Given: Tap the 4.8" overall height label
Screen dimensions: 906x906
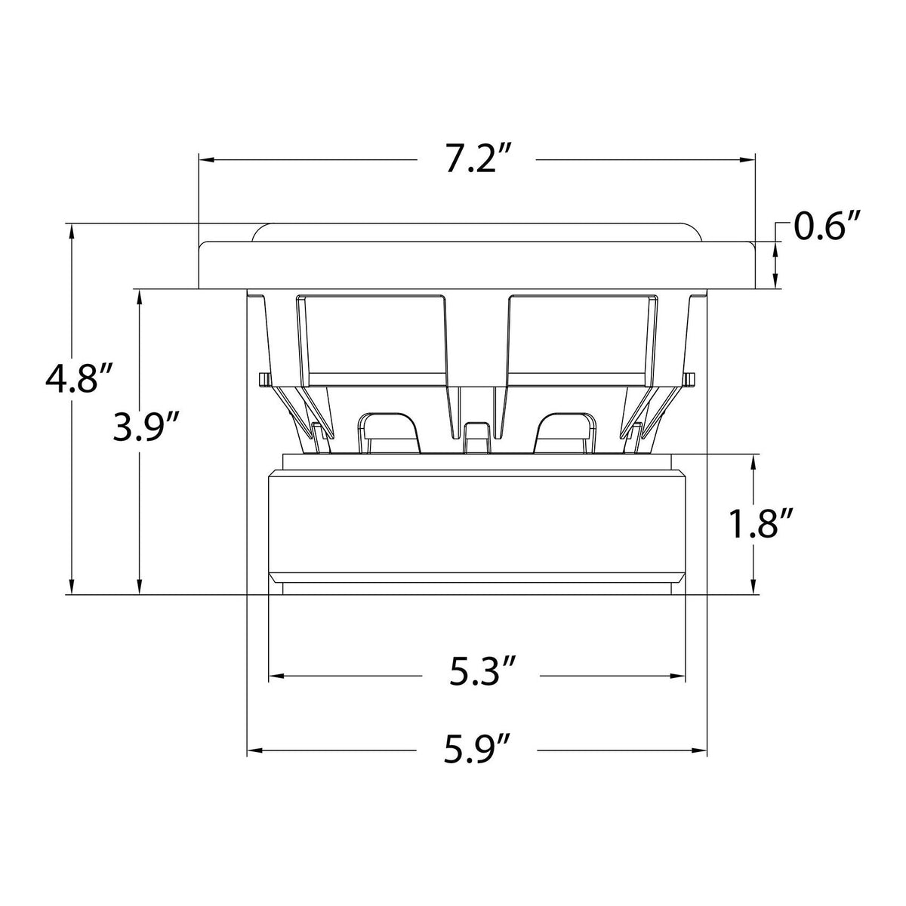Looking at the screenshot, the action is pos(79,380).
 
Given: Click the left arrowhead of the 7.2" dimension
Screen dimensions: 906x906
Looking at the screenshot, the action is pos(207,160).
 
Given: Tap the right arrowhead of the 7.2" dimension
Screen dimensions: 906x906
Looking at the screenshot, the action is pos(747,160).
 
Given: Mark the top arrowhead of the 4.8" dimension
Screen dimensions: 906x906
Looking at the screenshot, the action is pos(72,231).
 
